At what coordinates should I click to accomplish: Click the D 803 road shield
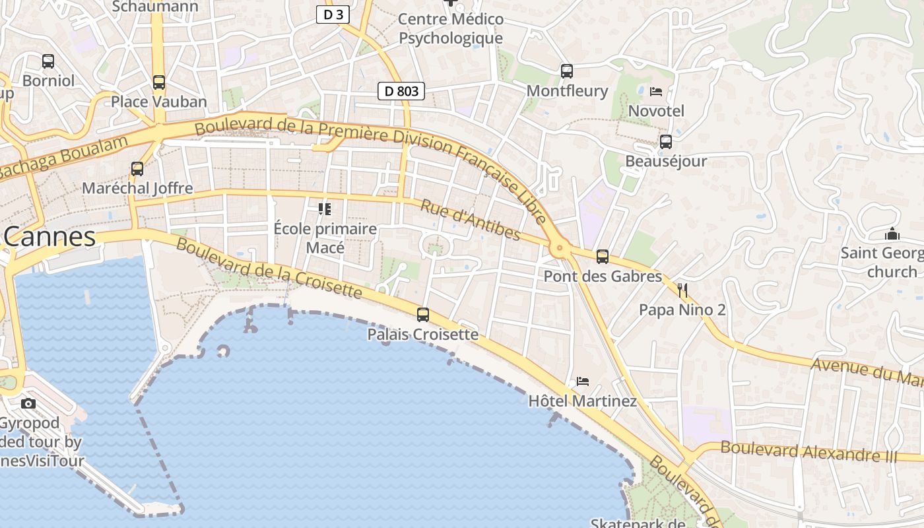pyautogui.click(x=401, y=91)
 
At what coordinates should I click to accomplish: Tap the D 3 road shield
pyautogui.click(x=333, y=15)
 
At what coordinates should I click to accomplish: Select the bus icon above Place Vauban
pyautogui.click(x=158, y=82)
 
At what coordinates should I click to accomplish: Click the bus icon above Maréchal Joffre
pyautogui.click(x=137, y=169)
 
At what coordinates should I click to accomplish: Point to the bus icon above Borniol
pyautogui.click(x=48, y=61)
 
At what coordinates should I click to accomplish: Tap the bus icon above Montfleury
pyautogui.click(x=566, y=71)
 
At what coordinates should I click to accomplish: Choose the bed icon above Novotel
pyautogui.click(x=655, y=92)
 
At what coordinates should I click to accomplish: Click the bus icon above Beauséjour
pyautogui.click(x=665, y=142)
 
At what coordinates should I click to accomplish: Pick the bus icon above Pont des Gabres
pyautogui.click(x=602, y=257)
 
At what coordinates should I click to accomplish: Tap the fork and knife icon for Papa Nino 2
pyautogui.click(x=682, y=290)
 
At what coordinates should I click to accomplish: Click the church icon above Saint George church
pyautogui.click(x=892, y=234)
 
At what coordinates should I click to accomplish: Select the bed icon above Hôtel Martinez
pyautogui.click(x=582, y=381)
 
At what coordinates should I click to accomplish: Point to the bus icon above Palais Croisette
pyautogui.click(x=422, y=315)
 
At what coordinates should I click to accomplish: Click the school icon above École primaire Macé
pyautogui.click(x=325, y=209)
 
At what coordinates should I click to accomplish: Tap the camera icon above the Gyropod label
pyautogui.click(x=28, y=403)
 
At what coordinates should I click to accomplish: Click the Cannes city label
pyautogui.click(x=50, y=236)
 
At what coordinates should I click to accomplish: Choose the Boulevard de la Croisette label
pyautogui.click(x=269, y=267)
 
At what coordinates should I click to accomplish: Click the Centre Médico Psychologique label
pyautogui.click(x=451, y=28)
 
